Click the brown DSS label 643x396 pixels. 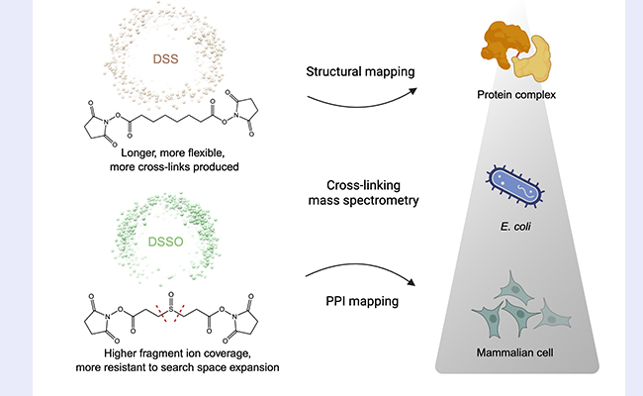pos(165,59)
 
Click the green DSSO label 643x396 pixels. pos(165,242)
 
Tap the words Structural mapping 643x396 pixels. pos(360,72)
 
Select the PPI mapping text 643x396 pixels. pos(362,301)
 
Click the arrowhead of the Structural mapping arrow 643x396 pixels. pos(413,91)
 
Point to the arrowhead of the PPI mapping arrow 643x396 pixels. pos(411,282)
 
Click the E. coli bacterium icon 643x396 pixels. pos(515,185)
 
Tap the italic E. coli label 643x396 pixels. pos(515,227)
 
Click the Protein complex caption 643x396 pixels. pos(516,95)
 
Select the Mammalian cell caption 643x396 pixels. pos(514,352)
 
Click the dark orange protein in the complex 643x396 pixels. pos(505,44)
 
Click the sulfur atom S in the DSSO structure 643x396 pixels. pos(171,308)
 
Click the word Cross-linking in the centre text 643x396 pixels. pos(363,185)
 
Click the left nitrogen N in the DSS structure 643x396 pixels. pos(106,122)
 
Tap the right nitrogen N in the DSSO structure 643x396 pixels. pos(234,317)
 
